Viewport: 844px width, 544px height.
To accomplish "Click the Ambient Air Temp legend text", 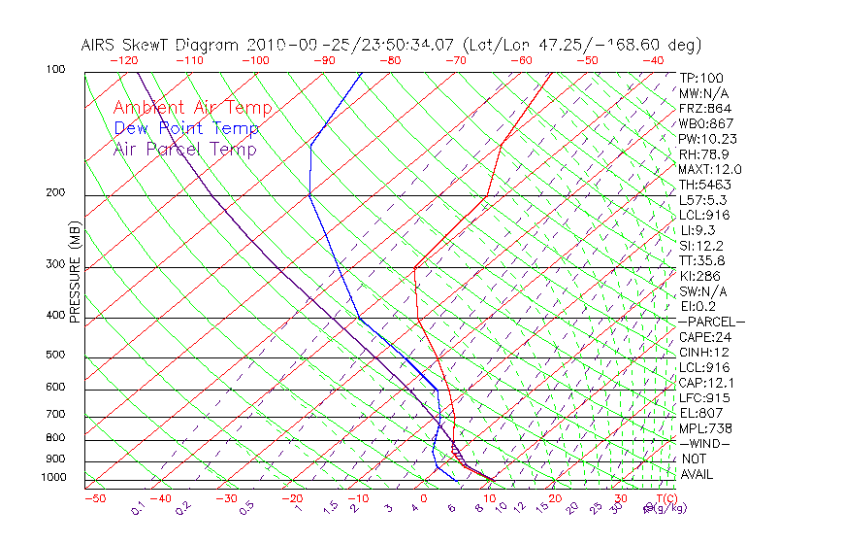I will click(x=192, y=108).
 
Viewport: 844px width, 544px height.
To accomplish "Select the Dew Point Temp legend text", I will click(x=186, y=128).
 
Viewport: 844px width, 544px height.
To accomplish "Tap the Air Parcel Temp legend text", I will click(x=184, y=149).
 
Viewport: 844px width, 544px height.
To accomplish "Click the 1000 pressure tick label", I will click(x=54, y=478).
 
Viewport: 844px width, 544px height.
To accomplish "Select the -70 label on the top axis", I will click(x=454, y=59).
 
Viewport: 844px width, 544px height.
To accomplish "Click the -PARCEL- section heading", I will click(x=711, y=322).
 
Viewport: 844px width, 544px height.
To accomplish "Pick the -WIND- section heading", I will click(x=705, y=443).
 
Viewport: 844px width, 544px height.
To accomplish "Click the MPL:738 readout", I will click(x=705, y=428).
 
